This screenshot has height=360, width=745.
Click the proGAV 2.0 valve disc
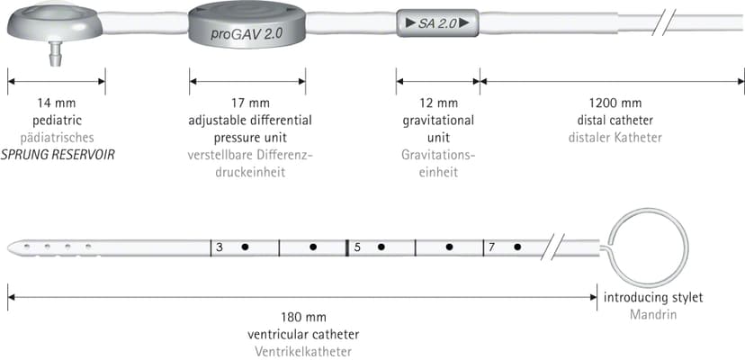247,28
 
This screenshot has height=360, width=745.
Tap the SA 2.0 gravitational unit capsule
437,22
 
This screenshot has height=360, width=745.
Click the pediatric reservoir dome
55,22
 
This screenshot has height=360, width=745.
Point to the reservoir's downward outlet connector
56,53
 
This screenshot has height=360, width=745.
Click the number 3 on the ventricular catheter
219,247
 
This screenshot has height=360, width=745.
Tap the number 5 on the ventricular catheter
357,247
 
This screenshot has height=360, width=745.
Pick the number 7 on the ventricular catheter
492,247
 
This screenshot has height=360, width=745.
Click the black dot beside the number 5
381,247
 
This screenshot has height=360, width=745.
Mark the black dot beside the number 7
517,247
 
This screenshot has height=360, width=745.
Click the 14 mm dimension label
57,103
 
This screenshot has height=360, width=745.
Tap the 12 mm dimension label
438,103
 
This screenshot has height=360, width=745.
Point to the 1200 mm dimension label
615,103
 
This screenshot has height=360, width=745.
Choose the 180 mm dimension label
303,317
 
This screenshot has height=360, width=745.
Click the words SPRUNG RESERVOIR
58,155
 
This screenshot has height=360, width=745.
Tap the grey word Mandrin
653,315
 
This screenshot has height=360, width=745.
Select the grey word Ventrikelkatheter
303,352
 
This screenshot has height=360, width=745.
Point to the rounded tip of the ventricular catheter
12,247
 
